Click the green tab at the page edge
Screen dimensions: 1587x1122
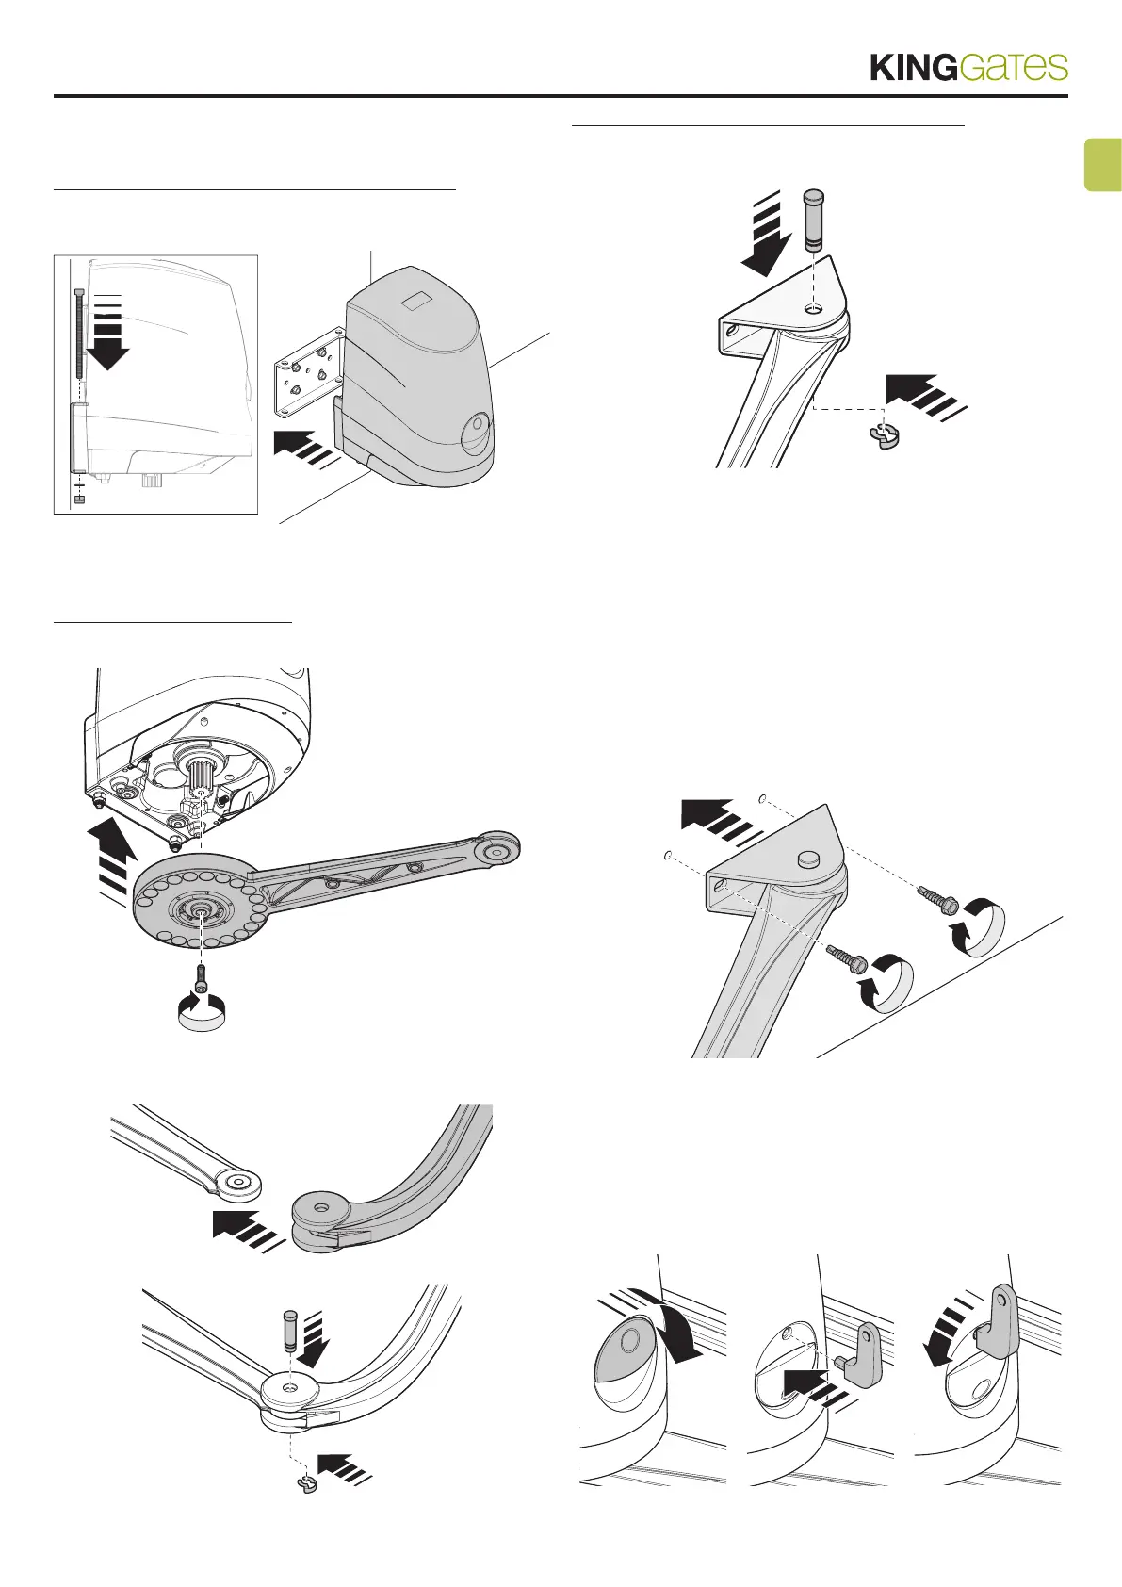[1103, 165]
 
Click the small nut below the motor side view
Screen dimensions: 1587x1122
[79, 499]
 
